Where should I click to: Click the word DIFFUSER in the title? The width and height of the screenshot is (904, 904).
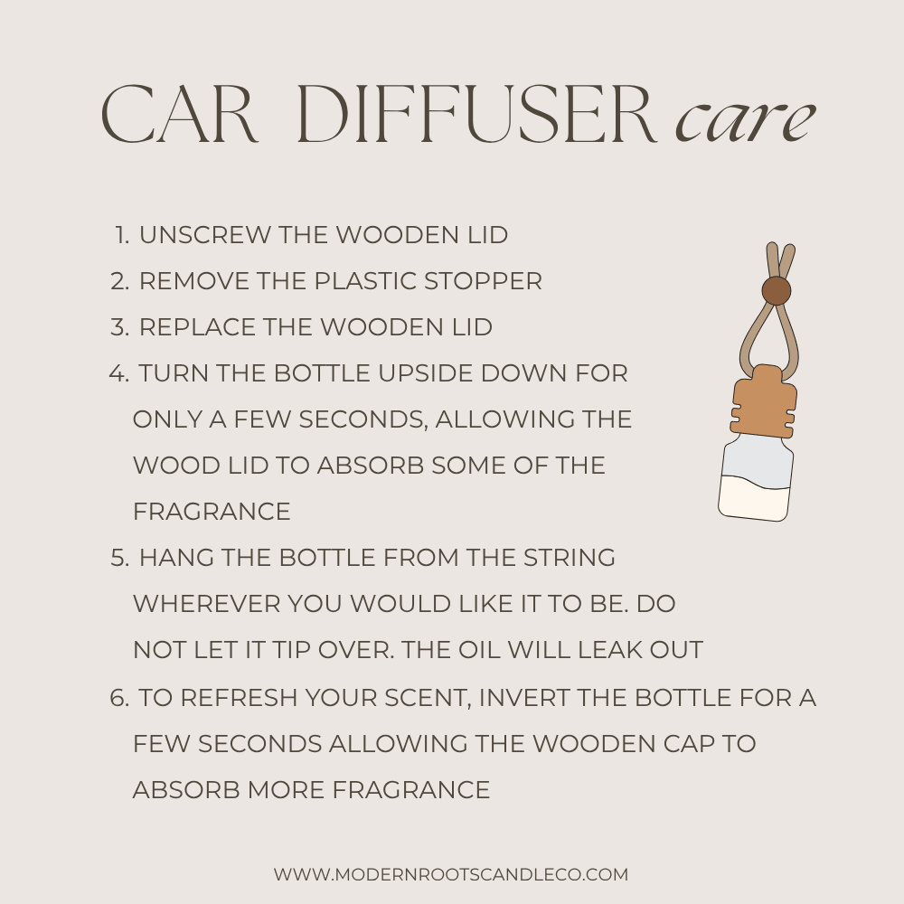coord(478,114)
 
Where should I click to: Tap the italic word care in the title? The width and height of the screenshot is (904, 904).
coord(746,121)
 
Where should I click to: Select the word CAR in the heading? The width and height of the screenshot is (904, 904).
coord(179,114)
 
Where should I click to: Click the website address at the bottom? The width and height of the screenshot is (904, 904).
coord(451,874)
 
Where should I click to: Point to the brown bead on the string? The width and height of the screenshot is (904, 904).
coord(776,290)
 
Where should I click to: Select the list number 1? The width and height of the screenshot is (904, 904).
coord(122,235)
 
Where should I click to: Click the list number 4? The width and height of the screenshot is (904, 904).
coord(119,373)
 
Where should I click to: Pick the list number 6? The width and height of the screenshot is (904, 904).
coord(119,698)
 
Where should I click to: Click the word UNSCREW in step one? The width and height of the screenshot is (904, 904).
coord(204,235)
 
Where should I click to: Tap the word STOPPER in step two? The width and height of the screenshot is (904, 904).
coord(483,281)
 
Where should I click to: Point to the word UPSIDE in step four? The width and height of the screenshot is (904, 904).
coord(426,373)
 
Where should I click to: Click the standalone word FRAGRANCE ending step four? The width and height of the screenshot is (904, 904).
coord(212,512)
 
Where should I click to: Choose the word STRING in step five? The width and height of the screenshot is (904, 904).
coord(570,558)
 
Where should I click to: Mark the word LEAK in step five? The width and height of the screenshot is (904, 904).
coord(610,650)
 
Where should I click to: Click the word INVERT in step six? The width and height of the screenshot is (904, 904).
coord(524,698)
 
